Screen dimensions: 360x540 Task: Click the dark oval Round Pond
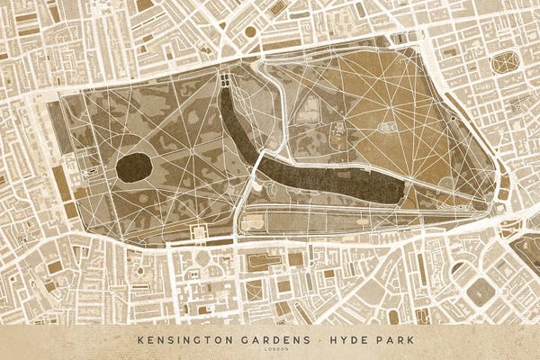click(x=133, y=167)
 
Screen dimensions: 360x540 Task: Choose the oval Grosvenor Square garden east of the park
click(x=506, y=62)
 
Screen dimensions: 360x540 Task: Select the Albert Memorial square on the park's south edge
click(x=200, y=232)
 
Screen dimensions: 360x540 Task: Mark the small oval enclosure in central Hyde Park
click(x=388, y=128)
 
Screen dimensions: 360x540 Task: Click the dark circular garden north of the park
click(x=250, y=31)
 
